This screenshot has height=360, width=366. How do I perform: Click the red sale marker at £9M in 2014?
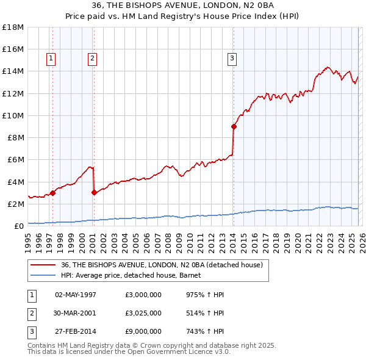pyautogui.click(x=234, y=126)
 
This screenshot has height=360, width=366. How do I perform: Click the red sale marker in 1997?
pyautogui.click(x=52, y=193)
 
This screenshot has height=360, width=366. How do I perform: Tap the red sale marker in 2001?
pyautogui.click(x=94, y=192)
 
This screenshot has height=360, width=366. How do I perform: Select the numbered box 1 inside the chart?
pyautogui.click(x=51, y=59)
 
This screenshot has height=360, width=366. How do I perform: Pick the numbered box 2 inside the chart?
pyautogui.click(x=92, y=59)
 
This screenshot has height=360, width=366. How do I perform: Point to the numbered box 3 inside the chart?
pyautogui.click(x=232, y=59)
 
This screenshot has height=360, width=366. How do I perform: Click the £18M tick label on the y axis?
pyautogui.click(x=13, y=27)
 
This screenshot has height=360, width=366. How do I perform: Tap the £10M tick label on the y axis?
pyautogui.click(x=13, y=115)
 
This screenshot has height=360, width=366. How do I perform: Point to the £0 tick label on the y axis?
pyautogui.click(x=19, y=226)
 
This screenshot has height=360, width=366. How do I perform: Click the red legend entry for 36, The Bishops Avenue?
pyautogui.click(x=162, y=265)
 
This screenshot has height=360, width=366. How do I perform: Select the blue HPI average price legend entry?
pyautogui.click(x=135, y=275)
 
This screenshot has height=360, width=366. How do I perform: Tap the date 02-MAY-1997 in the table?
pyautogui.click(x=76, y=294)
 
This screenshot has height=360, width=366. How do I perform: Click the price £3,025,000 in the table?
pyautogui.click(x=142, y=313)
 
